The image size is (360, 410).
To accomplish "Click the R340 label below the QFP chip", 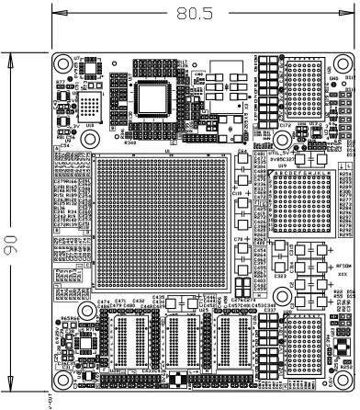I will click(x=130, y=143).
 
